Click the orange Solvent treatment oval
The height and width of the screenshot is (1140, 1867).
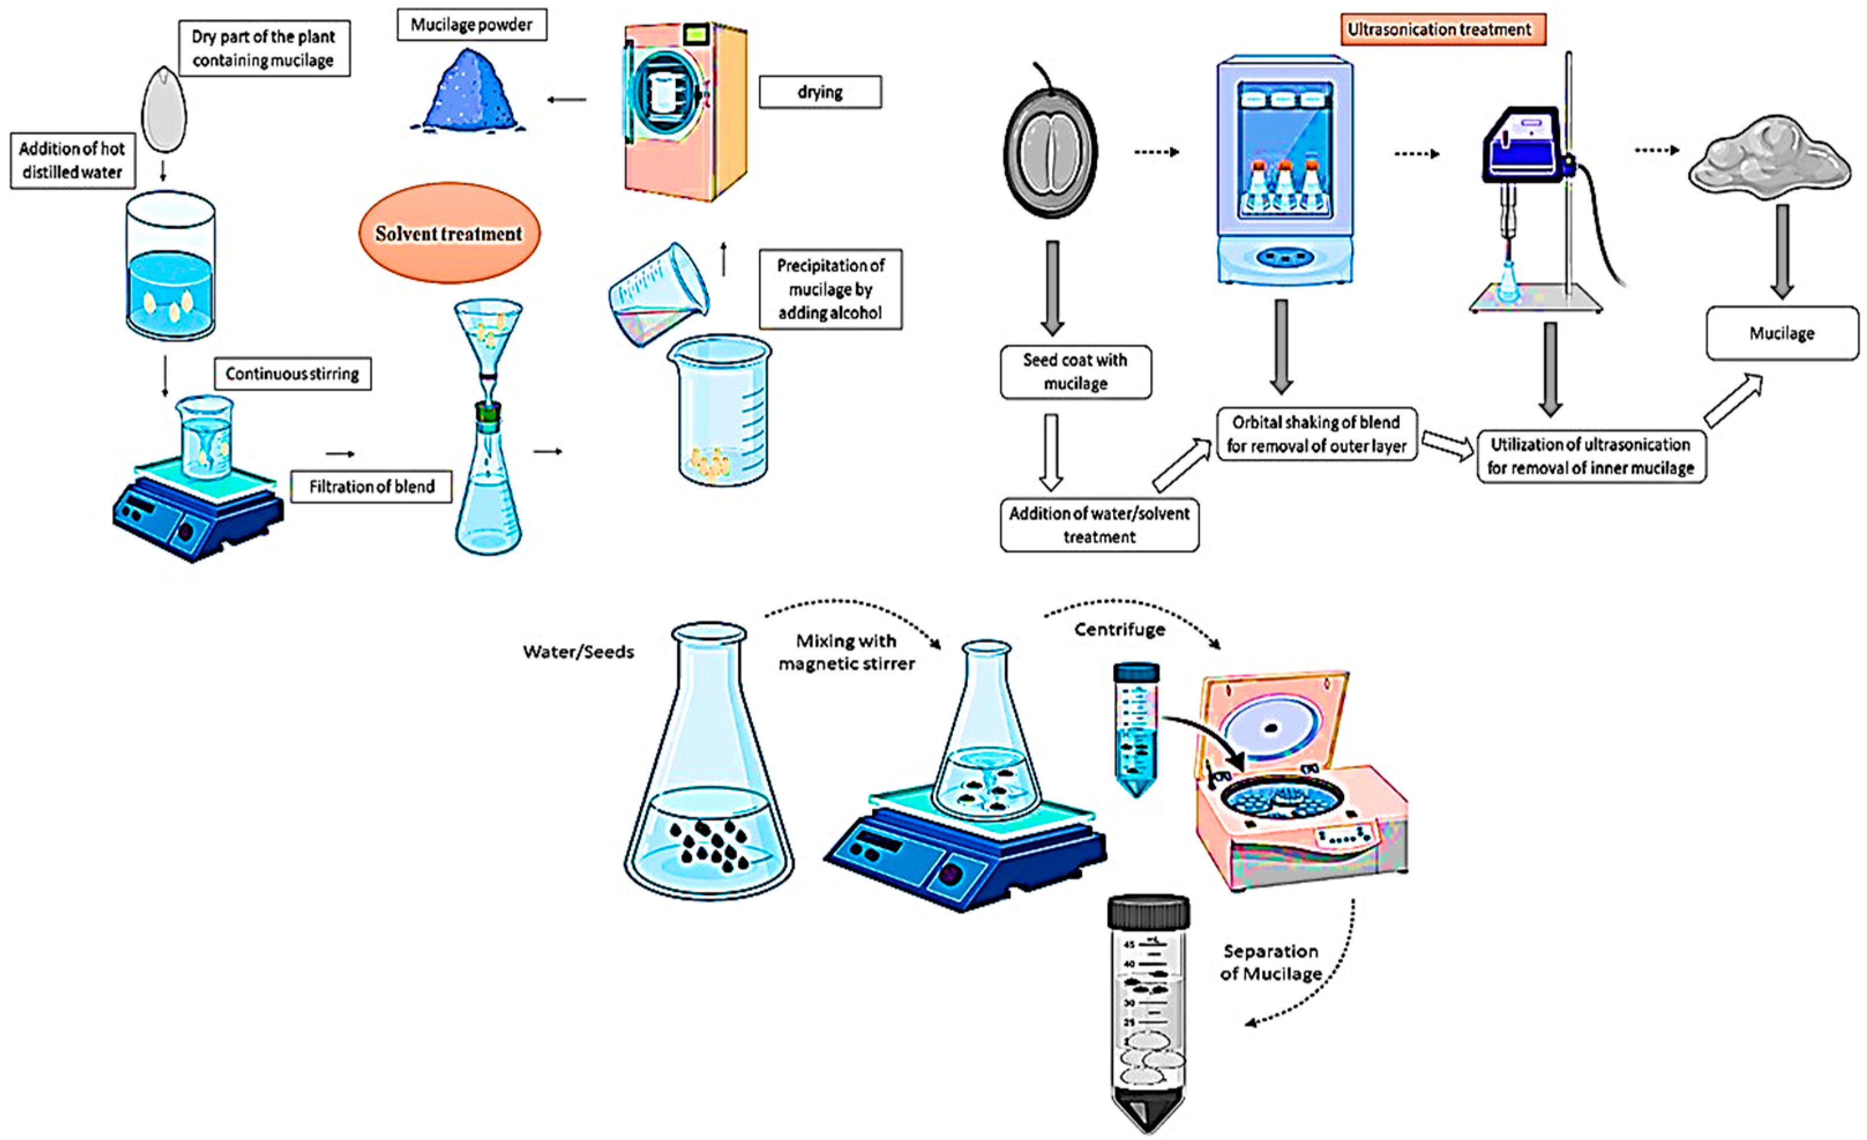coord(450,233)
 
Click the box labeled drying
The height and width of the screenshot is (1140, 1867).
coord(820,92)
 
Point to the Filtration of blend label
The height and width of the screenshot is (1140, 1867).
coord(371,487)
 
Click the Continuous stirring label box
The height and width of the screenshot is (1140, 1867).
coord(293,373)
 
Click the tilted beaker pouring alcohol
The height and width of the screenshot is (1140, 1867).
coord(658,296)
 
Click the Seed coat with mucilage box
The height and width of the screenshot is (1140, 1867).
coord(1075,371)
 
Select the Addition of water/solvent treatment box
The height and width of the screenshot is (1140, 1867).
coord(1099,525)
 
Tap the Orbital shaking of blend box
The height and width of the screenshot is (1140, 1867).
coord(1316,433)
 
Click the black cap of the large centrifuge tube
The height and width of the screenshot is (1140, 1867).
coord(1148,911)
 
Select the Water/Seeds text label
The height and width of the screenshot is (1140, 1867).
coord(578,652)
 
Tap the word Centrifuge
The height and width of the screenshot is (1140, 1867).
coord(1119,630)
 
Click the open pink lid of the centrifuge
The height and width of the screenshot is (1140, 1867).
coord(1273,720)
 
